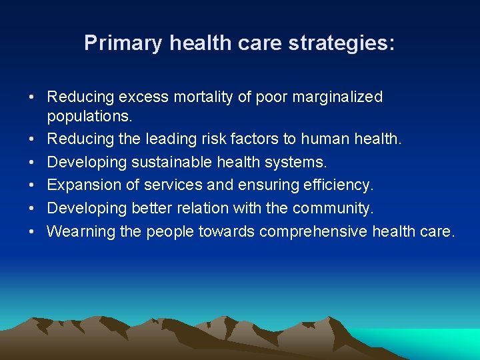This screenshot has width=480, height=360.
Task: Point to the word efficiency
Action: pos(341,185)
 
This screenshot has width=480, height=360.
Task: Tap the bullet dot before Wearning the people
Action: pos(32,232)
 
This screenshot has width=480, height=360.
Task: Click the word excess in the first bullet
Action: pos(141,97)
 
